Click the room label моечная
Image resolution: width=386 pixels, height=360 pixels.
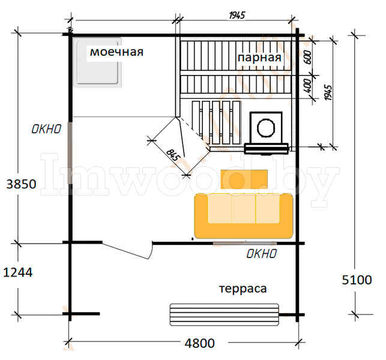coord(116,52)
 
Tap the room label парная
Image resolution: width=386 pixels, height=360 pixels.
coord(259,58)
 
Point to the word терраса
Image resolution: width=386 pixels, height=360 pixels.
coord(243,289)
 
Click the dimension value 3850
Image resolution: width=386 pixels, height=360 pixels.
coord(21,184)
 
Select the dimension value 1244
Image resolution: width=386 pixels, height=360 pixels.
coord(18,272)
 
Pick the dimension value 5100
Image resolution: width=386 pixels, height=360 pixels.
coord(357,280)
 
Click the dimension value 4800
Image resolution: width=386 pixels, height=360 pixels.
coord(200,343)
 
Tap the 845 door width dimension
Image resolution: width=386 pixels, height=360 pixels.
coord(172,155)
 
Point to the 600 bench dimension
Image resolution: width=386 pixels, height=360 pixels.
coord(308,58)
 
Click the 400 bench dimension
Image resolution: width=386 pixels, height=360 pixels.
coord(308,86)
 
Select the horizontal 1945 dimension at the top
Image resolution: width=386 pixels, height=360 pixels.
coord(237,16)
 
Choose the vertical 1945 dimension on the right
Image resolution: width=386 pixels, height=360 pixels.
coord(328,92)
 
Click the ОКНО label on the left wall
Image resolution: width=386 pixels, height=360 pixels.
coord(46,129)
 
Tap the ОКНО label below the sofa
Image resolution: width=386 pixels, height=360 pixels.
coord(262,253)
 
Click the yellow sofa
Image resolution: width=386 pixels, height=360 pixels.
coord(244,216)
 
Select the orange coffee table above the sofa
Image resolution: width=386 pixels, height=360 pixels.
coord(244,179)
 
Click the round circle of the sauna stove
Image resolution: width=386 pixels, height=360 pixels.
coord(266,127)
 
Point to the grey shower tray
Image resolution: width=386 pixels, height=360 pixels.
coord(97,62)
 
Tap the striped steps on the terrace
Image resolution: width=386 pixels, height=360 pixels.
coord(225,315)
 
